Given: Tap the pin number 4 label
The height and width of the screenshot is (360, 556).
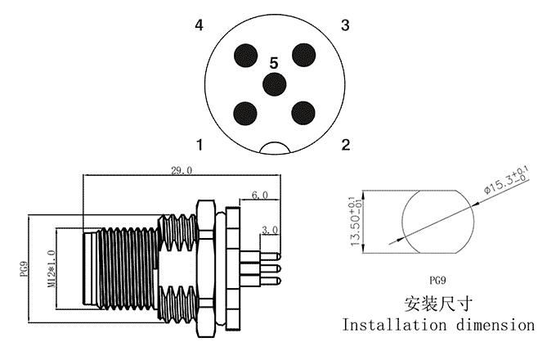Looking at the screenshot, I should click(199, 25).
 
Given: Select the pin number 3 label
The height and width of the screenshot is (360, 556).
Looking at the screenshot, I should click(345, 25).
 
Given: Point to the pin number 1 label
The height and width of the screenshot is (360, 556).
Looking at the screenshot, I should click(199, 146).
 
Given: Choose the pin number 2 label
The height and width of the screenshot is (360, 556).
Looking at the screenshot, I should click(345, 146).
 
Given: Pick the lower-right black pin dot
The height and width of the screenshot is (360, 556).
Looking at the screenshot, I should click(303, 112).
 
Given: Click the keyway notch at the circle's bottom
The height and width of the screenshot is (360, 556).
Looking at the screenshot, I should click(275, 149).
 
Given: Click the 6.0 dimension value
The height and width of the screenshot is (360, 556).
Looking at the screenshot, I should click(259, 195).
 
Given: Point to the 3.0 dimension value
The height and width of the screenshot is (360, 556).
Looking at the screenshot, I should click(271, 230).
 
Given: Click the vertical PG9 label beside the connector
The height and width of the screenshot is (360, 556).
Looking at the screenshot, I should click(25, 269).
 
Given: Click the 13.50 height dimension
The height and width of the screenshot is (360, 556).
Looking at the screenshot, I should click(356, 222).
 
